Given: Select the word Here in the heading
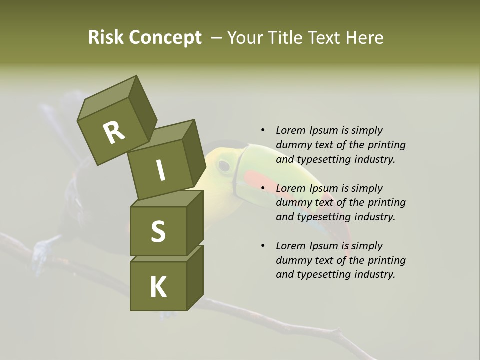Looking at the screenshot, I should pyautogui.click(x=365, y=38).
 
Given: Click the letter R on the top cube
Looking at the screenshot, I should pyautogui.click(x=114, y=133).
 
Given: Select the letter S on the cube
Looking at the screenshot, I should pyautogui.click(x=158, y=231).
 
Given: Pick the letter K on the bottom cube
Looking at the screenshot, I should pyautogui.click(x=158, y=287).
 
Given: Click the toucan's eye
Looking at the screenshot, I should pyautogui.click(x=224, y=165).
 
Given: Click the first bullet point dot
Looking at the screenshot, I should pyautogui.click(x=263, y=130).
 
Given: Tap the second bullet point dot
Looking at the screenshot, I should pyautogui.click(x=263, y=188).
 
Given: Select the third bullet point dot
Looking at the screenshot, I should pyautogui.click(x=263, y=246).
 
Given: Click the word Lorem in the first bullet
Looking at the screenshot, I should pyautogui.click(x=290, y=130).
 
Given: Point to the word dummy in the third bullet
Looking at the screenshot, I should pyautogui.click(x=291, y=260).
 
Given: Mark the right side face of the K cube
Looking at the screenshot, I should pyautogui.click(x=195, y=277).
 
